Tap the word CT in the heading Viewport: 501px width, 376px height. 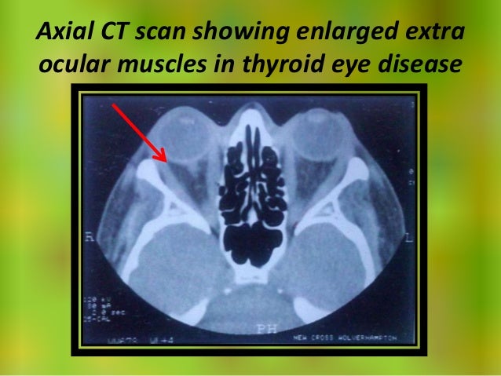click(x=114, y=35)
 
